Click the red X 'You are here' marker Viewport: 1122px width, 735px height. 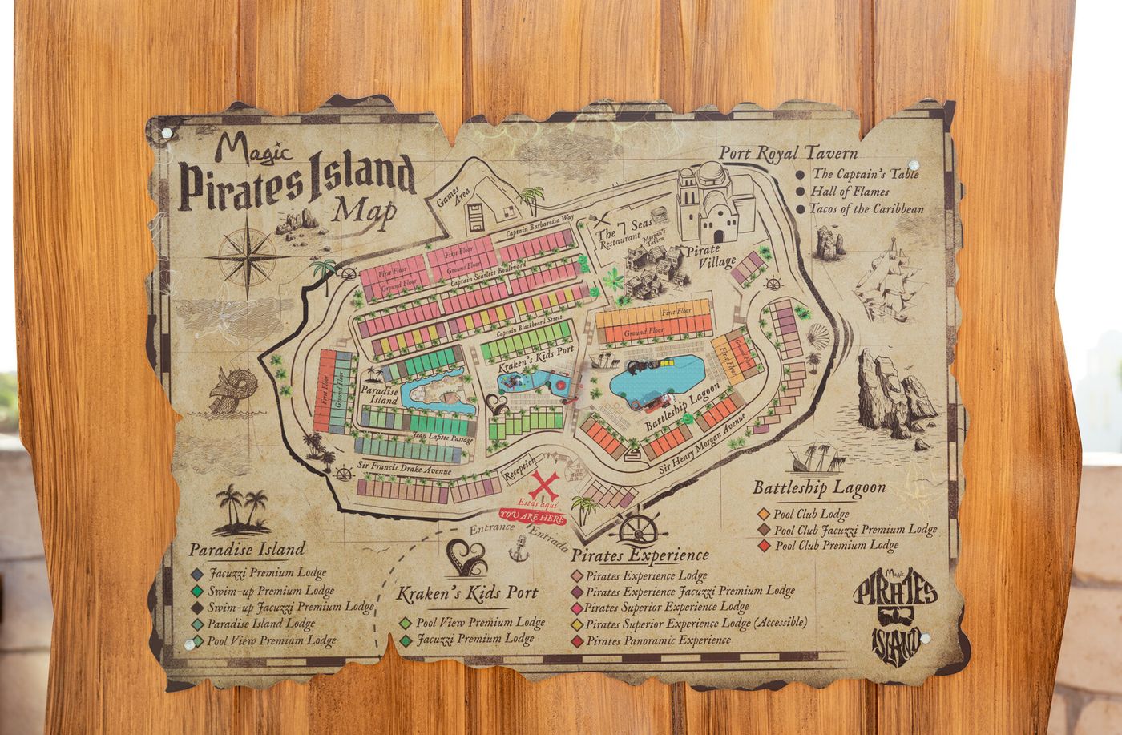pyautogui.click(x=543, y=487)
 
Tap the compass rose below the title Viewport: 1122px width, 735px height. pyautogui.click(x=248, y=257)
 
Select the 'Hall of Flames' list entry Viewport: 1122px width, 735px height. pyautogui.click(x=850, y=192)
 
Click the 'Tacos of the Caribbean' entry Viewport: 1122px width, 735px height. pyautogui.click(x=866, y=209)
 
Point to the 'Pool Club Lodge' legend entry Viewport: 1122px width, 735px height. pyautogui.click(x=811, y=514)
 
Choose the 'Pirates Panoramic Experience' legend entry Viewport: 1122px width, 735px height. pyautogui.click(x=657, y=640)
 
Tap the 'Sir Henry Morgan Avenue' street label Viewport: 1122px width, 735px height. pyautogui.click(x=702, y=445)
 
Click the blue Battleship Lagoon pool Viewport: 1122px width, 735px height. pyautogui.click(x=656, y=378)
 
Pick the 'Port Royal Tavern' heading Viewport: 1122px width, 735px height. pyautogui.click(x=788, y=153)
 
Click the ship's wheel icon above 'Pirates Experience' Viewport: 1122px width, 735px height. pyautogui.click(x=638, y=529)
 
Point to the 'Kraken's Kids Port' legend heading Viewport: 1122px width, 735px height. pyautogui.click(x=467, y=593)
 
